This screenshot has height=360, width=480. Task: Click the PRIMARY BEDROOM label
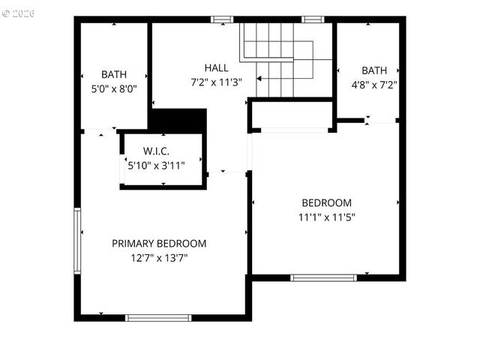159,243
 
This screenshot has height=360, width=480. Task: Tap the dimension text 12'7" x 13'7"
159,257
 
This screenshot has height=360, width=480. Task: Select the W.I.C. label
161,151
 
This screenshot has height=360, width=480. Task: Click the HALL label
216,68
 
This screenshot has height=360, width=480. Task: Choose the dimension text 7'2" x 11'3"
216,82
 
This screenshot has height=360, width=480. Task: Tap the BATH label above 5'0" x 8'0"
114,74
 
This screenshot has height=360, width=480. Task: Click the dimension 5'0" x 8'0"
114,88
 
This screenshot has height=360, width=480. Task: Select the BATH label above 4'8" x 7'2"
373,70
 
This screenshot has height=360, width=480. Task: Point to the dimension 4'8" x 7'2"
373,84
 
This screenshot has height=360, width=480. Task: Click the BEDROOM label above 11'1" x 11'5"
326,202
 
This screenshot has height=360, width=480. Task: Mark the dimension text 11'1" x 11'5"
326,217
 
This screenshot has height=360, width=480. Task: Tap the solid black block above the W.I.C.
178,121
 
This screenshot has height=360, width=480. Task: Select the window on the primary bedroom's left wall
76,241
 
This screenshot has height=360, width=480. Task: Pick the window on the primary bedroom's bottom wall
158,318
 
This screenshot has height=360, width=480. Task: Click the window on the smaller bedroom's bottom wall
323,277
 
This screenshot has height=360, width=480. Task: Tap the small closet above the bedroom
291,115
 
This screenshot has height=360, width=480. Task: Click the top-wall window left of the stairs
222,19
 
